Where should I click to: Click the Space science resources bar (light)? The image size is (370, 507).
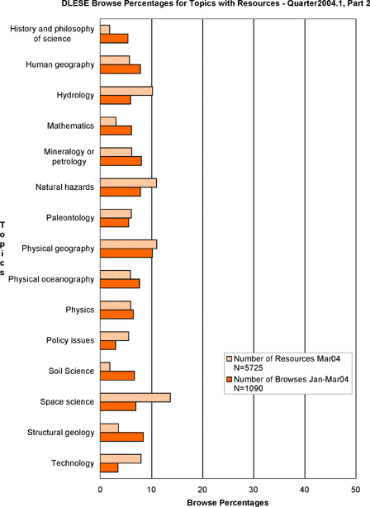(x=135, y=398)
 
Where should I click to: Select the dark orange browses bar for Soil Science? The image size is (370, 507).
(x=117, y=376)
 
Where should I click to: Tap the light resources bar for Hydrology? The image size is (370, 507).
(x=126, y=91)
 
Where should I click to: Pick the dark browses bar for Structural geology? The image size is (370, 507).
(x=122, y=437)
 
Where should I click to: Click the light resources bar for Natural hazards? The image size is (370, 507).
(x=128, y=182)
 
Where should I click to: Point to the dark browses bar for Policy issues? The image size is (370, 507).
(x=108, y=345)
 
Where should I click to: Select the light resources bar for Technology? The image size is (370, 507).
(x=121, y=459)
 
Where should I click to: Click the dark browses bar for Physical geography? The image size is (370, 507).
(x=126, y=253)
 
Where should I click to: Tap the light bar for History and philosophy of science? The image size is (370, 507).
(x=105, y=30)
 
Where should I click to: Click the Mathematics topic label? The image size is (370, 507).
(x=70, y=126)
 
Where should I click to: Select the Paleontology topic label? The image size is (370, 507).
(x=70, y=218)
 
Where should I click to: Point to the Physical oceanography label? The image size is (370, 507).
(x=51, y=279)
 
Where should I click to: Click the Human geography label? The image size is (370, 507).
(x=59, y=64)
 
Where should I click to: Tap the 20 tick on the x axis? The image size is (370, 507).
(x=202, y=490)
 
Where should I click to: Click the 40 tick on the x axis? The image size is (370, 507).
(x=305, y=490)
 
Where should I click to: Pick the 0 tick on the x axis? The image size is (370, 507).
(x=100, y=490)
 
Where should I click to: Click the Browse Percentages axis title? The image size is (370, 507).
(x=228, y=503)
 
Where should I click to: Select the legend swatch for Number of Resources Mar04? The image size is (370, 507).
(x=230, y=359)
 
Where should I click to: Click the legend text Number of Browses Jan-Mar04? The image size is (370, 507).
(x=291, y=379)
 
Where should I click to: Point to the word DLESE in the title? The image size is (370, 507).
(x=72, y=3)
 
